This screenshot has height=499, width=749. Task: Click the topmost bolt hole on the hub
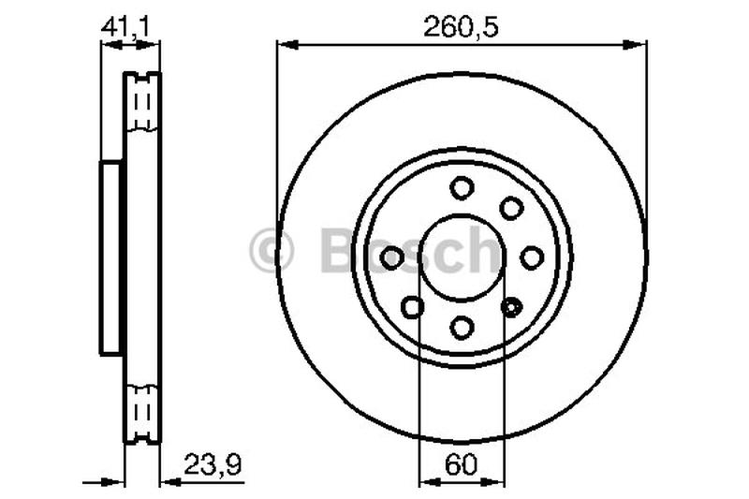(462, 187)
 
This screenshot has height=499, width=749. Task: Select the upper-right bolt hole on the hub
(511, 207)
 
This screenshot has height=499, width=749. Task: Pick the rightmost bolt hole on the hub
(532, 257)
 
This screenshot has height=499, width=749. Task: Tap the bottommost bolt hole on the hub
(462, 327)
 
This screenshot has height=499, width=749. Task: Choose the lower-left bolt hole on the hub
(412, 305)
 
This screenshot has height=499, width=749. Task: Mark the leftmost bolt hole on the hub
(392, 257)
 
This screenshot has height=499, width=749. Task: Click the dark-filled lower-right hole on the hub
(511, 305)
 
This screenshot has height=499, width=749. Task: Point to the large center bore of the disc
(462, 257)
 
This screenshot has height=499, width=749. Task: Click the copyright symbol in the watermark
(272, 252)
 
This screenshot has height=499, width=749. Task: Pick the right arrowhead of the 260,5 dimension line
(639, 42)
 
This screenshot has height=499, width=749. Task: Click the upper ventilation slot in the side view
(143, 103)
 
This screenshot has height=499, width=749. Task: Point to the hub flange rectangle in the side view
(111, 257)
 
